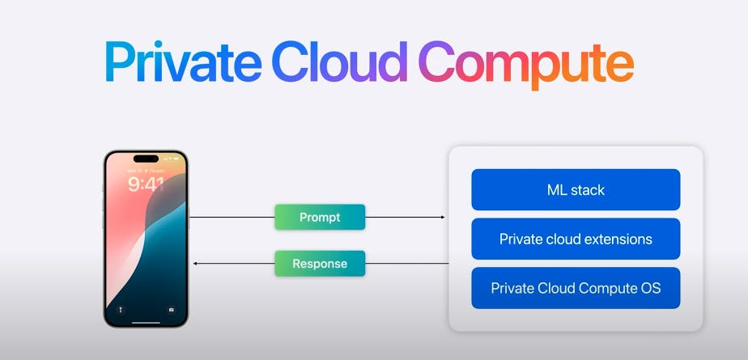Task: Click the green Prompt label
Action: [320, 217]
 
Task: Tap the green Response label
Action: [320, 264]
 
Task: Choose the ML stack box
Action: [576, 190]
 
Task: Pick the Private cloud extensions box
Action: [576, 239]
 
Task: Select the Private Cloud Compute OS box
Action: [576, 288]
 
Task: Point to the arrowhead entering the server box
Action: [443, 217]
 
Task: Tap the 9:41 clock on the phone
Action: [146, 184]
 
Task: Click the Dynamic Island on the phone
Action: [146, 159]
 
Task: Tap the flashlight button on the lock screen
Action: [121, 309]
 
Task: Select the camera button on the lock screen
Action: [171, 309]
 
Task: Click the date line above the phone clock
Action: [146, 172]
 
